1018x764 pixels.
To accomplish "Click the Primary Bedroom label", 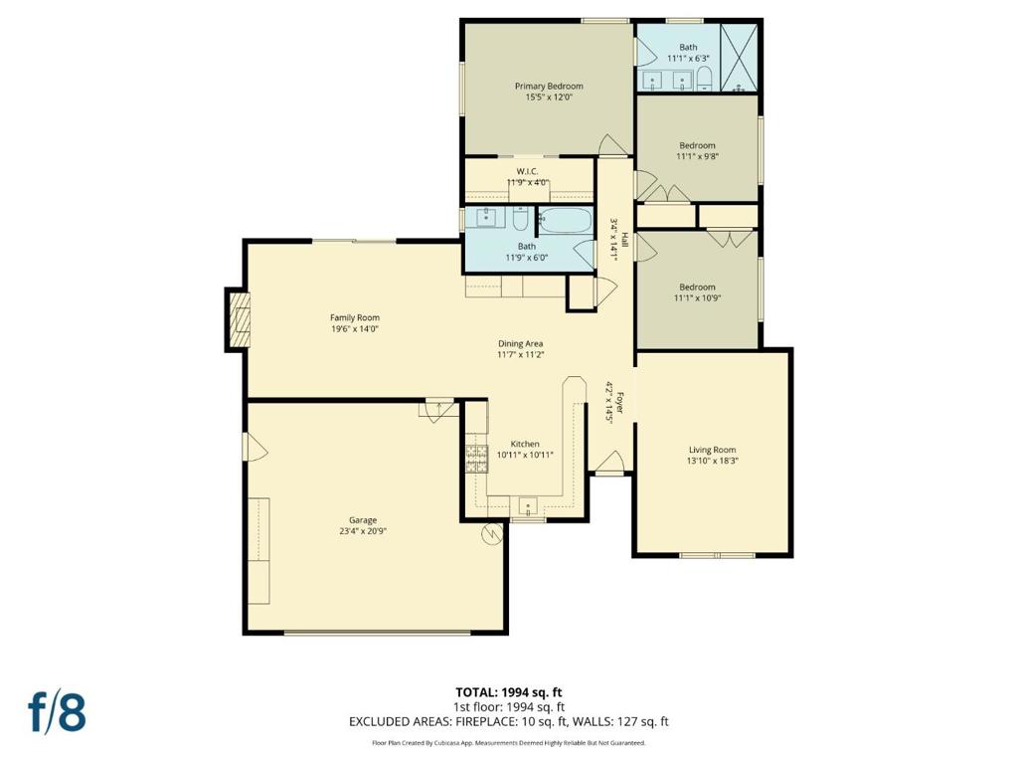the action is point(549,86).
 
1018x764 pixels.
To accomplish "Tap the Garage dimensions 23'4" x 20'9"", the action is point(363,531).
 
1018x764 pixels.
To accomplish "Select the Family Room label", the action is point(355,317).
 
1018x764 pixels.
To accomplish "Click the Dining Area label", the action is point(520,343).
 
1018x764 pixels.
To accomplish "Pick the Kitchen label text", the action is point(525,444).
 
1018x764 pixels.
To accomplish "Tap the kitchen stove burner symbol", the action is point(476,459).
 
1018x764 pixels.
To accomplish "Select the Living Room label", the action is point(712,450).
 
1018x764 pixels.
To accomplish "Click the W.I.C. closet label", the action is point(527,171).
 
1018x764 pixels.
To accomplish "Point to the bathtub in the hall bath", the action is point(566,220).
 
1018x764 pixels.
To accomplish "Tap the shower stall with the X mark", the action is point(740,57).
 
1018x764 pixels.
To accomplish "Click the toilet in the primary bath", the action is point(705,80).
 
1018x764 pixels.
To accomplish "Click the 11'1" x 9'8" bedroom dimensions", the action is point(697,156).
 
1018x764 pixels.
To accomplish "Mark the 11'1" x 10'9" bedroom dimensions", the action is point(697,298).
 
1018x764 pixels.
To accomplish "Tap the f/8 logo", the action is point(57,712).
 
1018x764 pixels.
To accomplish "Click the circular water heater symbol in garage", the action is point(491,534).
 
